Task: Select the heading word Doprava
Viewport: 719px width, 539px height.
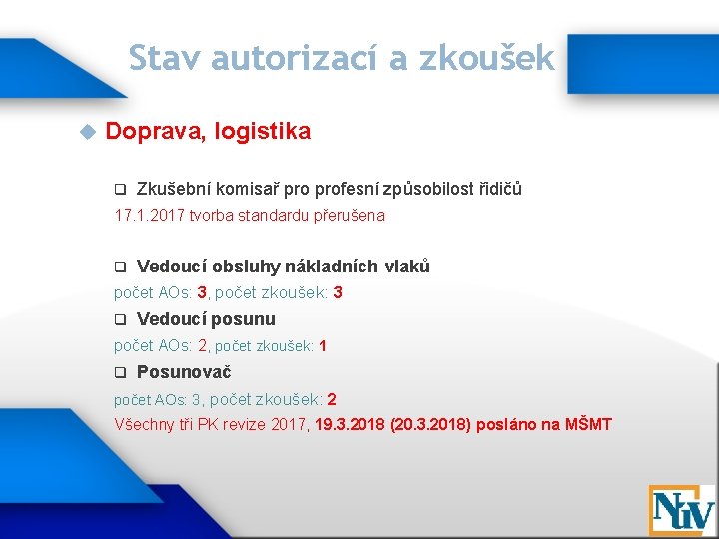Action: click(152, 131)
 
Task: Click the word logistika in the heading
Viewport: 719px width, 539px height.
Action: click(261, 131)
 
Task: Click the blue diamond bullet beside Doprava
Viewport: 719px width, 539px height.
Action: click(86, 131)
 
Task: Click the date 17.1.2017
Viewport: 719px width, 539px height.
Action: click(150, 215)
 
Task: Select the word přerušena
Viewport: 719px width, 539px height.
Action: click(351, 215)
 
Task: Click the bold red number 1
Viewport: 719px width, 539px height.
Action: click(323, 346)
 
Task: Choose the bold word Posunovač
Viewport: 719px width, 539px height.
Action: click(184, 372)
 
